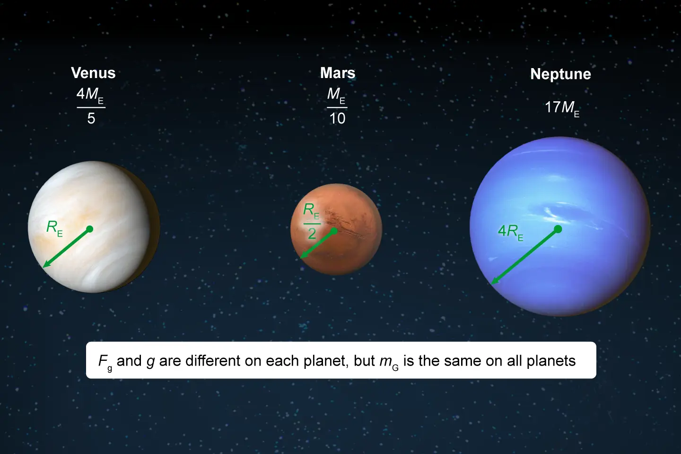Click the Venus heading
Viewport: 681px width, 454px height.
[93, 73]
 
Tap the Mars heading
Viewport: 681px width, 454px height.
[338, 73]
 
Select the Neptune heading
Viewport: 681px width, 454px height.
[560, 74]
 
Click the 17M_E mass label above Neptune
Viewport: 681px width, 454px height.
[562, 109]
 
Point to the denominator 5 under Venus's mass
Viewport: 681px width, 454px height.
[91, 118]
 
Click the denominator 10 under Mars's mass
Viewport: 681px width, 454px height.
[337, 118]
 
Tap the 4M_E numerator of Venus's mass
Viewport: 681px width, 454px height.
[90, 95]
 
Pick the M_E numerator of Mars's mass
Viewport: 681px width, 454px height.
[336, 95]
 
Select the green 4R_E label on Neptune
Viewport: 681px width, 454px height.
[510, 233]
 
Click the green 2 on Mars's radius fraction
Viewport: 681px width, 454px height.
[312, 234]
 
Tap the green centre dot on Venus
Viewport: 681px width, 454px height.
[89, 229]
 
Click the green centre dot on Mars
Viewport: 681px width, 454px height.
[334, 231]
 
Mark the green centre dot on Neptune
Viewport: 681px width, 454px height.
[558, 229]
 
